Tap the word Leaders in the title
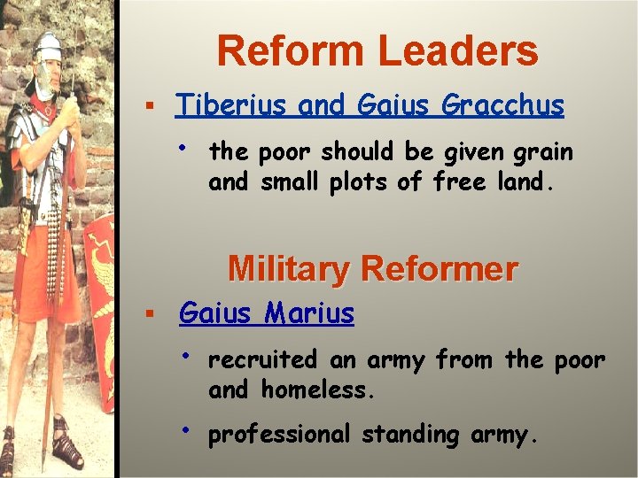click(x=460, y=51)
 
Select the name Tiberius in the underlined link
click(x=232, y=105)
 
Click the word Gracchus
click(x=502, y=105)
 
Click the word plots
click(x=378, y=182)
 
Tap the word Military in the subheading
click(x=288, y=268)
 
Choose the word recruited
click(x=262, y=360)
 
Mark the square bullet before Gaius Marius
click(x=151, y=314)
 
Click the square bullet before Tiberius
click(x=151, y=106)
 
